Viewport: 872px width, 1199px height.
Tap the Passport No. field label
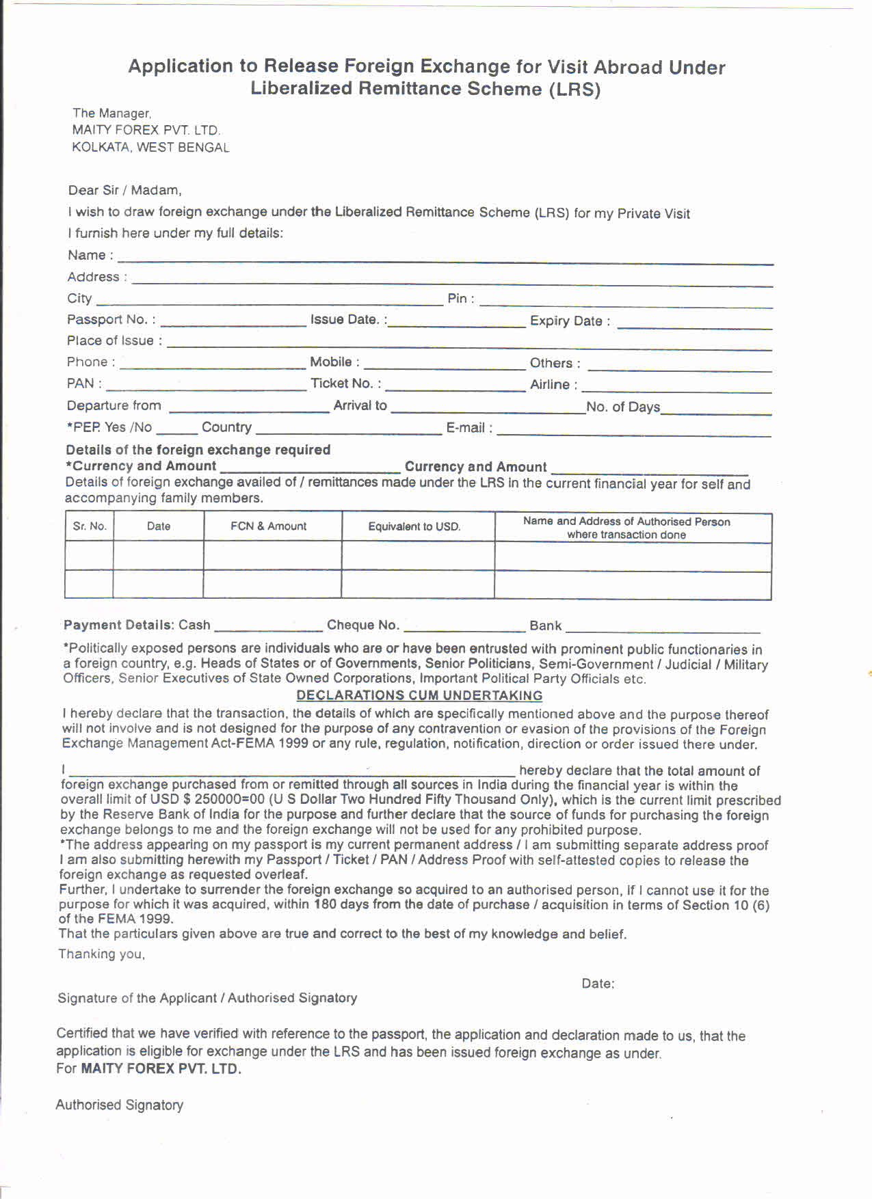(x=111, y=320)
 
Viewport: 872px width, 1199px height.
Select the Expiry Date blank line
(x=694, y=325)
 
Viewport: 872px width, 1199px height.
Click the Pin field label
(x=460, y=299)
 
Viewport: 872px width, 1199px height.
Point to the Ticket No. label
(x=345, y=383)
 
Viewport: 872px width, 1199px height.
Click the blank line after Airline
(x=676, y=388)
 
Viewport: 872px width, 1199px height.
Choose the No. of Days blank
(x=715, y=410)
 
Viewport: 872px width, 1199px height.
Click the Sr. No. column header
(x=90, y=526)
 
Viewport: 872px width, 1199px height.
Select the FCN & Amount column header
(x=269, y=526)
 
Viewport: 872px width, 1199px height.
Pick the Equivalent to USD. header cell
(x=414, y=526)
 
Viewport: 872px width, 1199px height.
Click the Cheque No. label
(x=362, y=625)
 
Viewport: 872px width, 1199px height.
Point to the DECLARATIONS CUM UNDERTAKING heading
(x=419, y=696)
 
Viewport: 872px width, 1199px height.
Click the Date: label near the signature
(x=598, y=984)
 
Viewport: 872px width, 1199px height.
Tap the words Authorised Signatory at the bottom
(x=120, y=1105)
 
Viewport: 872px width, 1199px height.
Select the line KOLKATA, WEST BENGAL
(x=150, y=148)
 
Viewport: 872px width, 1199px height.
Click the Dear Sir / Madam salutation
(x=124, y=191)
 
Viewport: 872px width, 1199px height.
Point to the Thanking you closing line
(x=101, y=954)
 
